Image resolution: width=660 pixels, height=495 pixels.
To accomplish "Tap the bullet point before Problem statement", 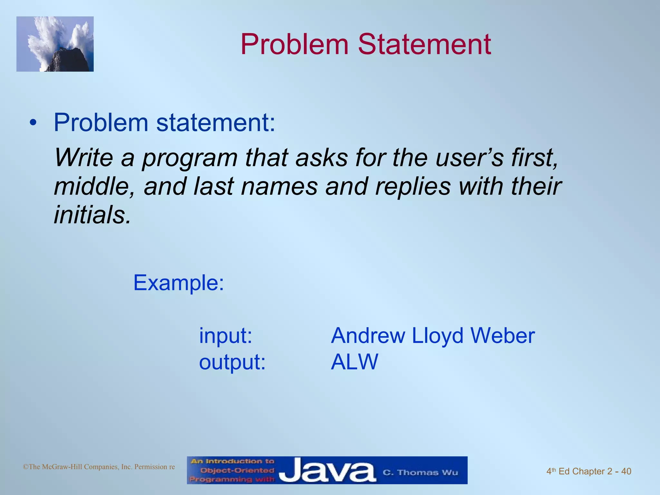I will pos(33,123).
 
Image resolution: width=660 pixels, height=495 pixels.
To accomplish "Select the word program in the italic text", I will pos(190,158).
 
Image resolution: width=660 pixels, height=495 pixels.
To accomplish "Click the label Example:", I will pos(179,283).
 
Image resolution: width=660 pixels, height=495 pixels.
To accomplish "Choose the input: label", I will pos(226,335).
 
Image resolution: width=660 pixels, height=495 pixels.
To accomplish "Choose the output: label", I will pos(232,362).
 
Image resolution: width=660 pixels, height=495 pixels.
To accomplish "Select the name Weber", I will pos(503,335).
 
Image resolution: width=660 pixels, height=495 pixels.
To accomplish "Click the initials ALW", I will pos(354,362).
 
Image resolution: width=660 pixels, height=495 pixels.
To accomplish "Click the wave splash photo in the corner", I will pos(55,44).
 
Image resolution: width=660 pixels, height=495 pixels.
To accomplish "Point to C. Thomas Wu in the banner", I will pos(420,472).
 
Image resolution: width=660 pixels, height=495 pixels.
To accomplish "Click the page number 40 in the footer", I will pos(626,471).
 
